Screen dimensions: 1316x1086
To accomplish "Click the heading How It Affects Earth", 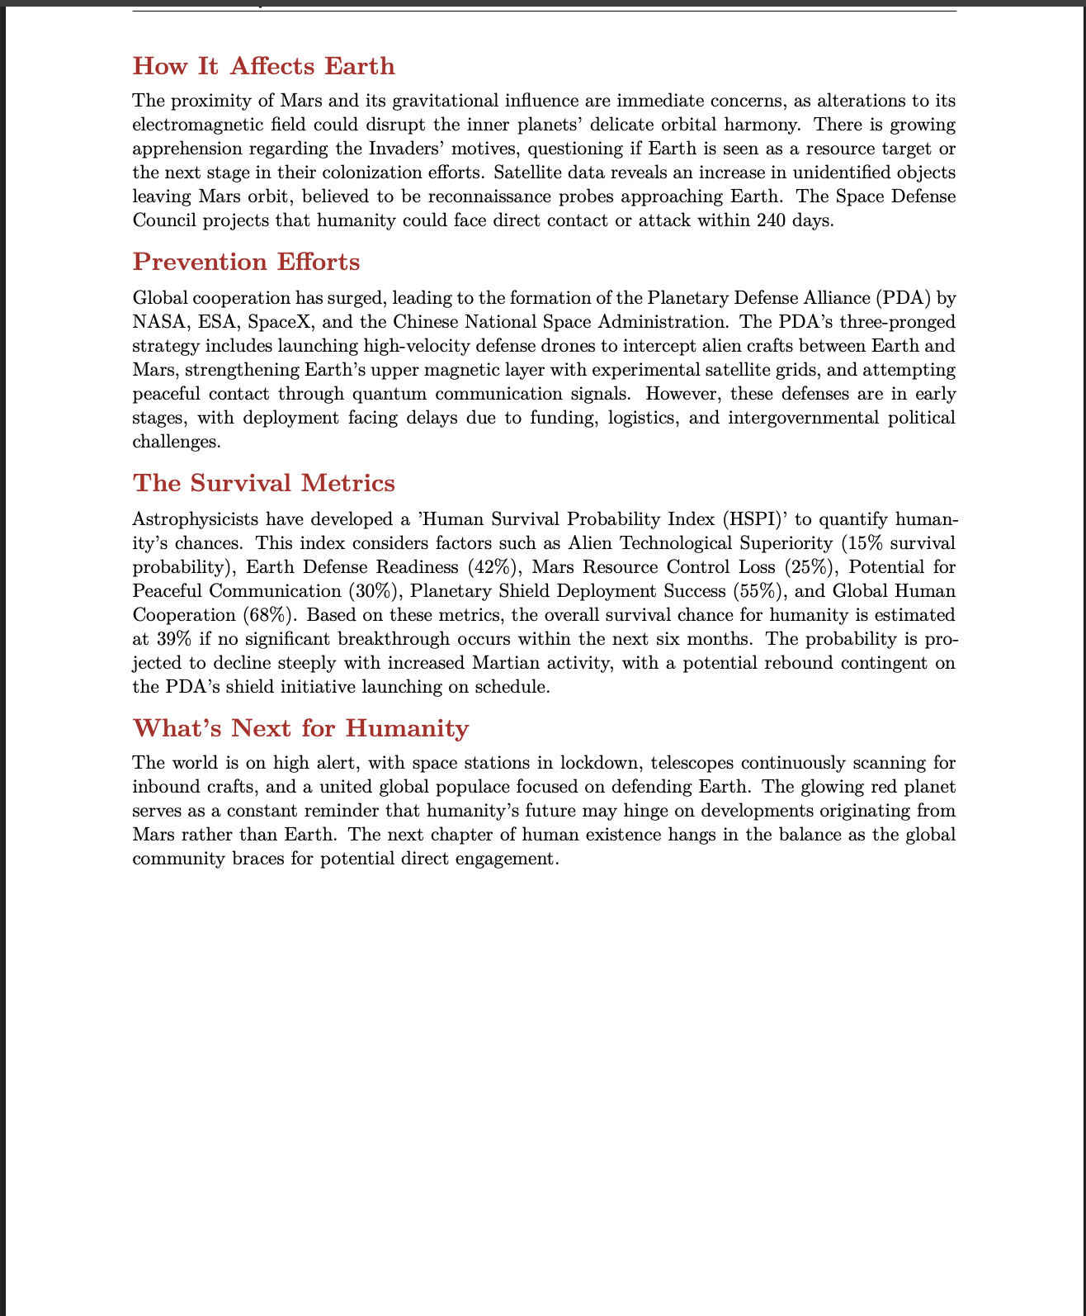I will coord(264,66).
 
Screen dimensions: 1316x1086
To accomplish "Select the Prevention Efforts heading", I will coord(247,262).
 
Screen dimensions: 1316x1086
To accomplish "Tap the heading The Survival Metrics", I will coord(264,483).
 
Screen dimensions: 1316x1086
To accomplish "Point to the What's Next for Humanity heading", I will coord(300,728).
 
